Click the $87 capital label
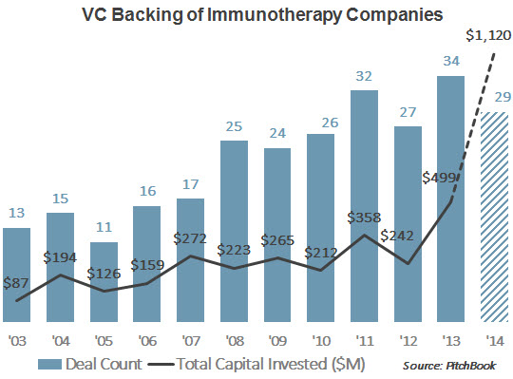point(16,282)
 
